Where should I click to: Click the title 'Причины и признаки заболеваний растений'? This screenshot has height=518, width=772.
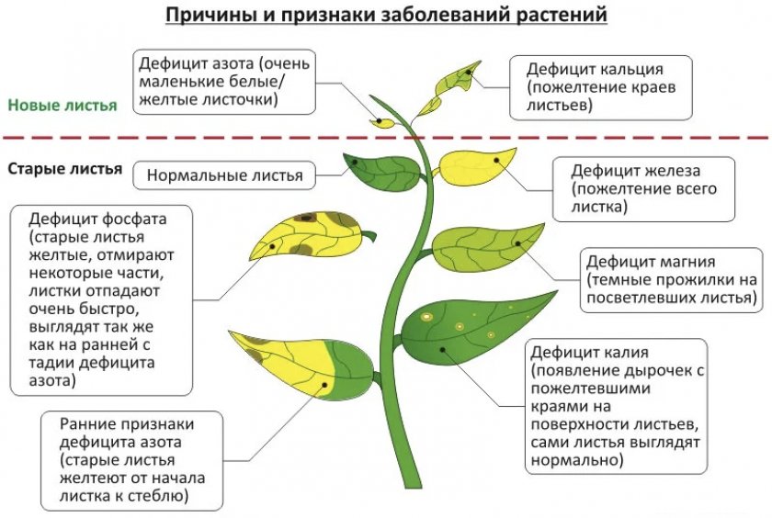(386, 15)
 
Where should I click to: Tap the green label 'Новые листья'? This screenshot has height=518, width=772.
(62, 106)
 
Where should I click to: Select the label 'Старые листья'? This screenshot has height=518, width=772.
(65, 169)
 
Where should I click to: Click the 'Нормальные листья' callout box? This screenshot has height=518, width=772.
(224, 175)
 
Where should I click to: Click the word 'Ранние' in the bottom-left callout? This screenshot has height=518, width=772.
(87, 423)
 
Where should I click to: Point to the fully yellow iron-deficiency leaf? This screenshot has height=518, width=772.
(476, 166)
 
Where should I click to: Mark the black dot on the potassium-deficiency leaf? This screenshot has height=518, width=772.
(443, 350)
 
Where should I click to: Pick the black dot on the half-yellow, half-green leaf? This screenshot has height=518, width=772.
(324, 385)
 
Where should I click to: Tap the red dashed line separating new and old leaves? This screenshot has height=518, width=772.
(386, 137)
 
